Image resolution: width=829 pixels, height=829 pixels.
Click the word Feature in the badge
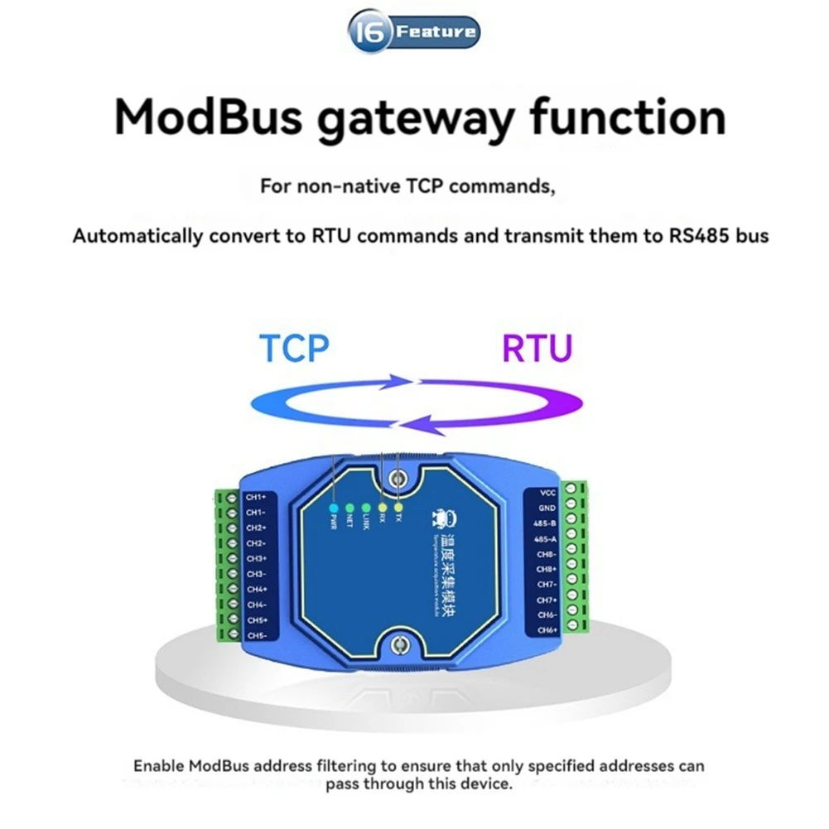pos(436,33)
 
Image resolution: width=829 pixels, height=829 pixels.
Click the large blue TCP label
pos(293,349)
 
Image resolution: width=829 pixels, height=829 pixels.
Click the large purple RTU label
pos(537,349)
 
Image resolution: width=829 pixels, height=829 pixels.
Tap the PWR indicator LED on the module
pos(333,507)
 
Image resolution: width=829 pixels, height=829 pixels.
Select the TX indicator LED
pos(398,506)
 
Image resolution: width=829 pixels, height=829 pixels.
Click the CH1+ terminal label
pos(256,497)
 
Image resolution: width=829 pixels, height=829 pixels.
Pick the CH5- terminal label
pos(256,635)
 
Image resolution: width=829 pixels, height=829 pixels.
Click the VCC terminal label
pos(547,492)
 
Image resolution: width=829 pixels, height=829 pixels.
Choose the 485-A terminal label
pos(546,538)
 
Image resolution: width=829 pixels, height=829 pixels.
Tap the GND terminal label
pos(547,508)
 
